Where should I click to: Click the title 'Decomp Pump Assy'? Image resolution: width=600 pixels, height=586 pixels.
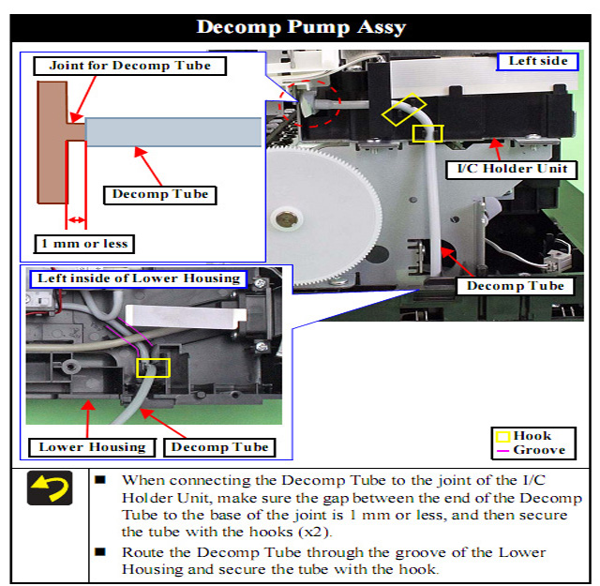(x=301, y=26)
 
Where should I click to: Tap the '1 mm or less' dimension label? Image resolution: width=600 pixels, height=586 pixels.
(x=83, y=244)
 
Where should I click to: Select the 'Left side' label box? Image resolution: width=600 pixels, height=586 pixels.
(x=537, y=62)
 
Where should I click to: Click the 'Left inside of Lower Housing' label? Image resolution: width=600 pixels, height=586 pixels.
(x=139, y=278)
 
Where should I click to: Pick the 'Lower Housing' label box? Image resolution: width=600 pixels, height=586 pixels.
(x=92, y=446)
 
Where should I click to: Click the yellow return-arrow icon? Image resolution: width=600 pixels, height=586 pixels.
(x=50, y=488)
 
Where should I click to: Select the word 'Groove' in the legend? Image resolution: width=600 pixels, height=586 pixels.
(x=539, y=450)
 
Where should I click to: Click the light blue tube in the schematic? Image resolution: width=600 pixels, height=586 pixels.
(x=172, y=132)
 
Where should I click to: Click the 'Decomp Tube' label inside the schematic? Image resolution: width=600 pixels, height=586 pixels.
(x=160, y=195)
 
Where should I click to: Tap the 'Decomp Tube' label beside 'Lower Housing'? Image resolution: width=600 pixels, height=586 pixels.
(x=221, y=446)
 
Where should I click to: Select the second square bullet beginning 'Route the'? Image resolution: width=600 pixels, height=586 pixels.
(x=100, y=551)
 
